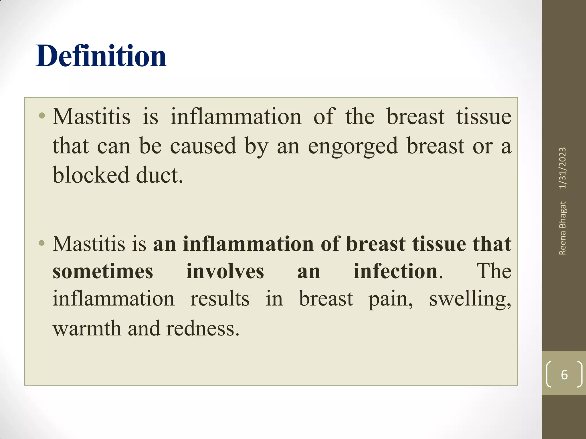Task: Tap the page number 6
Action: click(x=564, y=375)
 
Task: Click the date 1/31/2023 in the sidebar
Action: click(x=563, y=168)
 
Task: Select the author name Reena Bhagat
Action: click(x=563, y=228)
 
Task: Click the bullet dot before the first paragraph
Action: click(x=42, y=116)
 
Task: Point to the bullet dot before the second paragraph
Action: click(x=42, y=243)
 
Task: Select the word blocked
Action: click(x=91, y=175)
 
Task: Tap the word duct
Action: click(x=159, y=175)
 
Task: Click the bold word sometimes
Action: click(x=103, y=271)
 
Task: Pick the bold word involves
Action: click(x=225, y=271)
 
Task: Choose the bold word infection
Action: click(x=395, y=271)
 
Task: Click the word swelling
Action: click(x=470, y=299)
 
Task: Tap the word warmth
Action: click(x=87, y=328)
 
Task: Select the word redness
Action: click(x=202, y=328)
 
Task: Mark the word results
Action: click(x=220, y=299)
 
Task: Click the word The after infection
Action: click(x=494, y=271)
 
